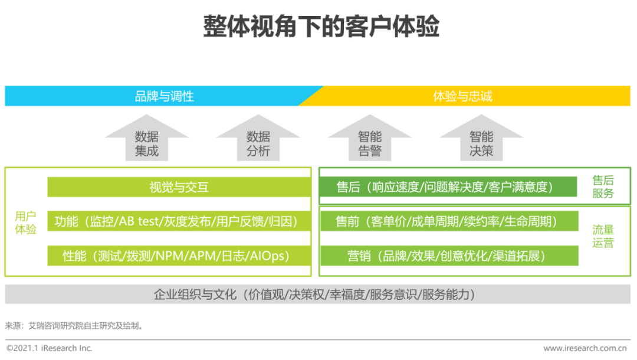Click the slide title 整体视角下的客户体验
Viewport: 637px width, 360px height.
(x=321, y=27)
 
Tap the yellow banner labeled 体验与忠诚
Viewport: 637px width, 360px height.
(x=462, y=96)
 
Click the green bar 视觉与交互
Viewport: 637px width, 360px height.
(x=179, y=188)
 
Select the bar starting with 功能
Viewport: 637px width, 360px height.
(x=179, y=222)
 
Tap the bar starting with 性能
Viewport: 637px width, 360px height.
(x=179, y=256)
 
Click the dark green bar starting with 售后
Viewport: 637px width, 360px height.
(x=448, y=187)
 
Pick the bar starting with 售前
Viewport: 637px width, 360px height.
(x=448, y=222)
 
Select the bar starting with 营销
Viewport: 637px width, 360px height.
(x=448, y=256)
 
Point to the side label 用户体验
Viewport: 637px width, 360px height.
(x=25, y=223)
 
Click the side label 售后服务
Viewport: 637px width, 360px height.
(x=603, y=187)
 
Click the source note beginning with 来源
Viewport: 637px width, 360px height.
(x=74, y=325)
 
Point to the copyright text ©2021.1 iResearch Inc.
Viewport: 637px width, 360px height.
(x=50, y=348)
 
